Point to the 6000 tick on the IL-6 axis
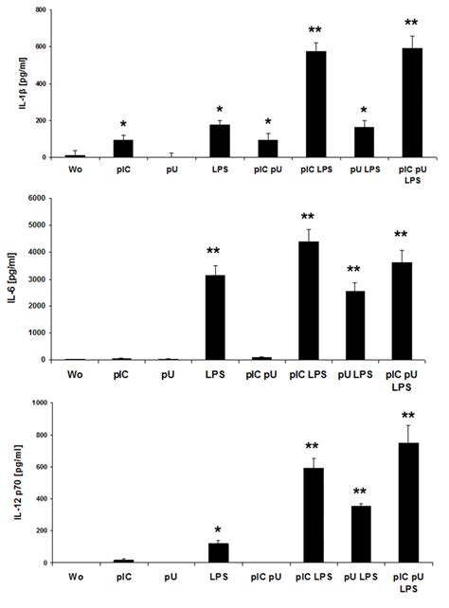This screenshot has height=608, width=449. (38, 199)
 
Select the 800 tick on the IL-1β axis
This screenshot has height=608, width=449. (40, 10)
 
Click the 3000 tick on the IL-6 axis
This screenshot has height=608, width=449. (38, 279)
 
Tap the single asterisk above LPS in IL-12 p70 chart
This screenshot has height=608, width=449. (219, 529)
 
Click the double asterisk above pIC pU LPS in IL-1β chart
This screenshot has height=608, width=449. (410, 23)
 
